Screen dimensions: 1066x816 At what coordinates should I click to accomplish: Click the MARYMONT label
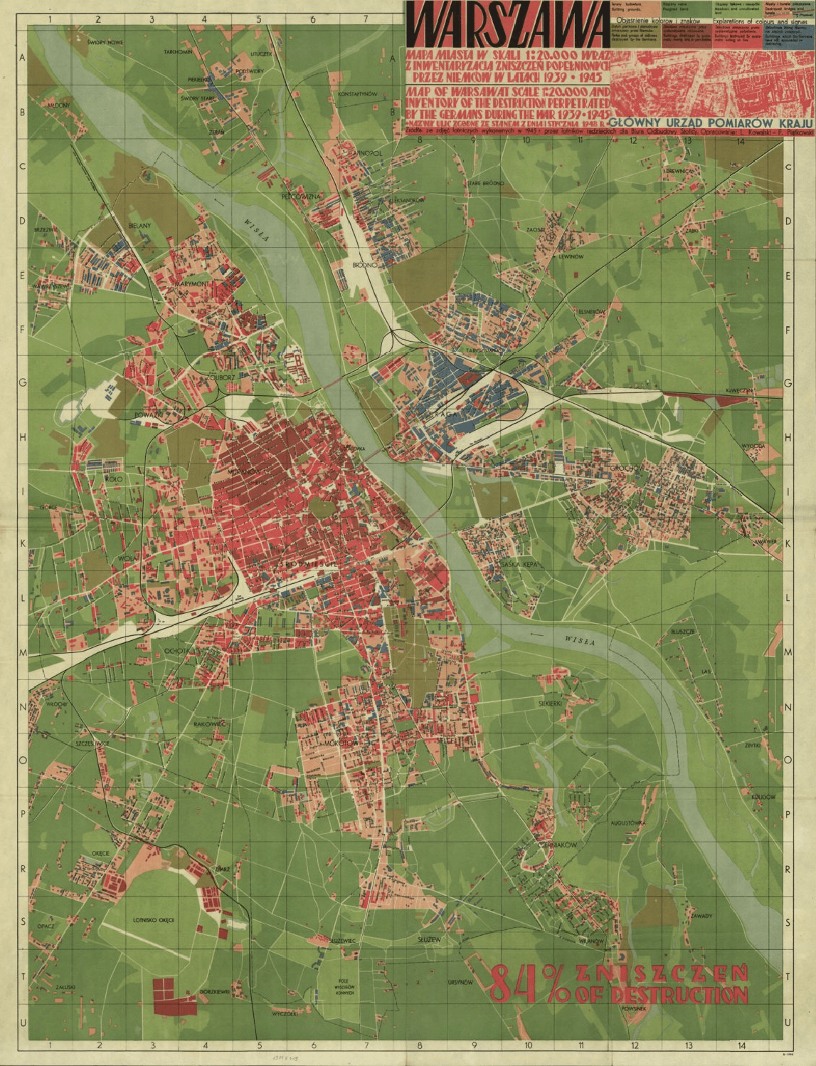click(x=192, y=283)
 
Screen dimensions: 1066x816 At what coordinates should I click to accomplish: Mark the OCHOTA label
click(x=176, y=650)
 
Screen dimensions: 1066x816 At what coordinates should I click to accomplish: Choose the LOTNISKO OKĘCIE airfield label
click(x=153, y=919)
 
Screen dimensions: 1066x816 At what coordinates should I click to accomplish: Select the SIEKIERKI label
click(x=550, y=703)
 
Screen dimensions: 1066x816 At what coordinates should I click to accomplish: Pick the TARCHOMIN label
click(x=178, y=52)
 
